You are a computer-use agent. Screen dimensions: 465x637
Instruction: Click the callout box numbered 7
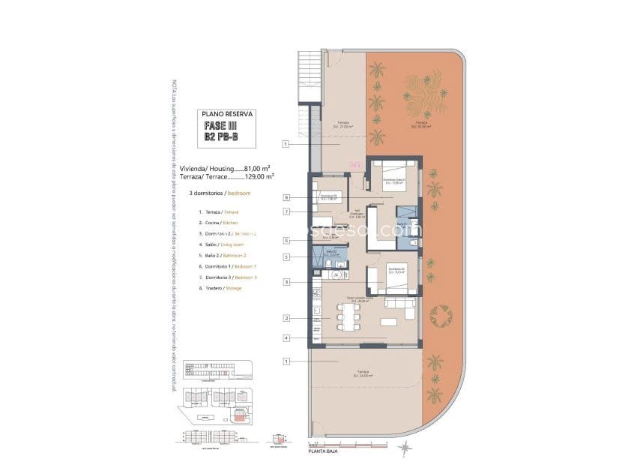(286, 212)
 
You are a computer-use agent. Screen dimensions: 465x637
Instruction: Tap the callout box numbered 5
(286, 256)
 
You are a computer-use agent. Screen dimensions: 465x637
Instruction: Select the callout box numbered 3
(286, 282)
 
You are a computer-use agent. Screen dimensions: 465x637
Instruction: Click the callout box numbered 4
(286, 338)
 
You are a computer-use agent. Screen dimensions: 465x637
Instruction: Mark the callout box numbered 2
(286, 319)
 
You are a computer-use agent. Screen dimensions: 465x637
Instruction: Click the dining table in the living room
(347, 318)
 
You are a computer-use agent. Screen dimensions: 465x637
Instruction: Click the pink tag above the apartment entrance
(355, 166)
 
